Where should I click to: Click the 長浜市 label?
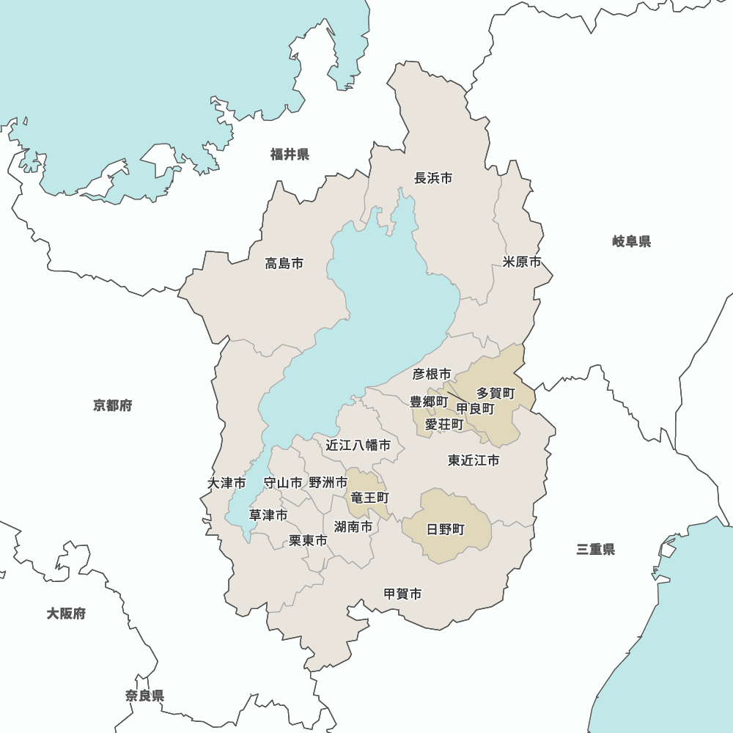[433, 178]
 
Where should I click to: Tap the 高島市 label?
[284, 263]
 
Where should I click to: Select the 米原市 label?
[522, 262]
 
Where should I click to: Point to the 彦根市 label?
[432, 374]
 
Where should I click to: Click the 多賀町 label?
[496, 394]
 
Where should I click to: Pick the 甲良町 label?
[475, 408]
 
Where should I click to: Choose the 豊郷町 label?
[428, 402]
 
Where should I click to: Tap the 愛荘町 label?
[444, 424]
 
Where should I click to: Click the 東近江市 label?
[474, 460]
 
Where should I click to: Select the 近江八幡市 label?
[358, 445]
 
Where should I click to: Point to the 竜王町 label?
[369, 498]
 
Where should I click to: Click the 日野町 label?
[446, 529]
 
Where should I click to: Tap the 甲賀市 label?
[403, 594]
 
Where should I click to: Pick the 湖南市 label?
[353, 526]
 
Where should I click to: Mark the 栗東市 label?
[308, 540]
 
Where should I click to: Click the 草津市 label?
[268, 515]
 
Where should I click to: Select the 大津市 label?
[226, 483]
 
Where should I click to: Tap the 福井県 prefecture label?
[290, 154]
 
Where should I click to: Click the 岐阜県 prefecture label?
[632, 241]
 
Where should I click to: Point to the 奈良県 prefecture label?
[144, 696]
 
